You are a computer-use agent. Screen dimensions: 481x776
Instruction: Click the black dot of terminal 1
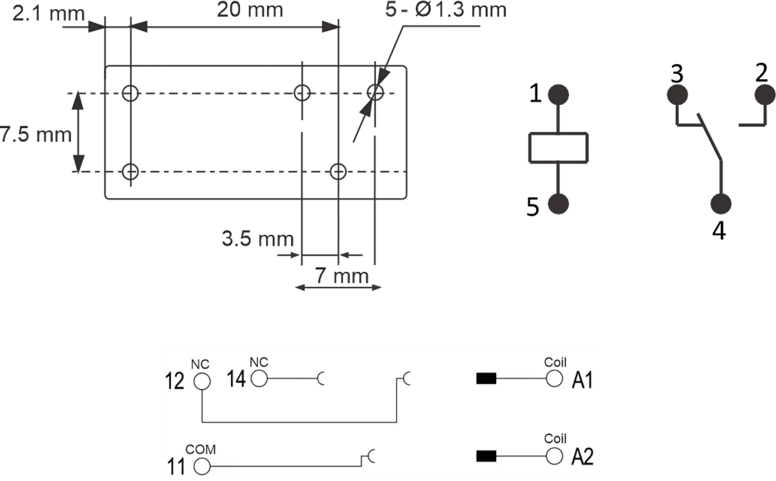coord(558,95)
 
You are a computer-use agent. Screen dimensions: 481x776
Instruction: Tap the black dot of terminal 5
coord(558,204)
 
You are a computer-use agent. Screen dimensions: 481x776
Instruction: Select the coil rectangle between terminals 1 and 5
coord(558,148)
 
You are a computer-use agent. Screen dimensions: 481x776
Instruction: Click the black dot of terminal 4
coord(720,204)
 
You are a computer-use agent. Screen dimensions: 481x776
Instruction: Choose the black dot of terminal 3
coord(677,95)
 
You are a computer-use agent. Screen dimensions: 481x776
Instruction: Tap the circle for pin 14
coord(259,379)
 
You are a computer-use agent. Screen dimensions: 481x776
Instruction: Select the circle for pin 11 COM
coord(202,465)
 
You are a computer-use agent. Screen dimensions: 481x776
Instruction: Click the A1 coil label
coord(583,382)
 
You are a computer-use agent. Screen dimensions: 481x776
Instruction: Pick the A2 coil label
coord(583,457)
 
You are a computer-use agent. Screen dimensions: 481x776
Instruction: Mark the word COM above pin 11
coord(200,449)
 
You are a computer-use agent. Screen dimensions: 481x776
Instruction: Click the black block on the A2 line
coord(486,456)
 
